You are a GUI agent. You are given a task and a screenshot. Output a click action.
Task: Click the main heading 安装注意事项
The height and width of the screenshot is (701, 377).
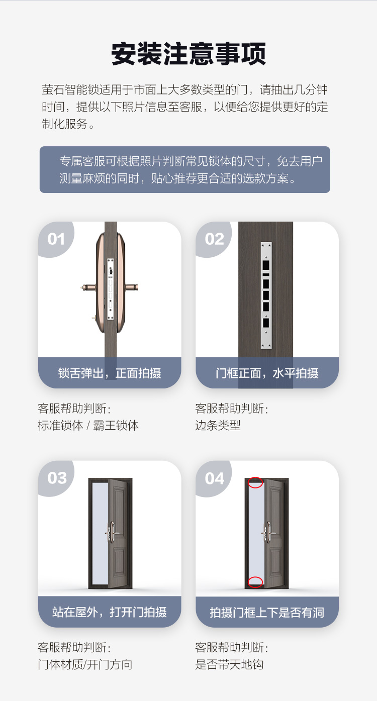coord(189,54)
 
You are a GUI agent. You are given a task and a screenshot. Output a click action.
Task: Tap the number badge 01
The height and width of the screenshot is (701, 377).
coord(56,239)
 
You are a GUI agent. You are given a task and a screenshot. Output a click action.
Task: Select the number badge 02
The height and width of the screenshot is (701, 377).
coord(215,239)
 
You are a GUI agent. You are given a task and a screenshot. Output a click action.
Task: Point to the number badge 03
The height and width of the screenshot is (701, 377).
coord(57,478)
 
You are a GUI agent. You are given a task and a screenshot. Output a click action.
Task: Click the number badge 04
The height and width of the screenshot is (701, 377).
coord(215,478)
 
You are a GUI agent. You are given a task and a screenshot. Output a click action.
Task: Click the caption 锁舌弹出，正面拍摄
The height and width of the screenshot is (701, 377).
coord(110,373)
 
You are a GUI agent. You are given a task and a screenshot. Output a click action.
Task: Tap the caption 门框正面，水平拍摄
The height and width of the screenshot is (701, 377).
coord(267,373)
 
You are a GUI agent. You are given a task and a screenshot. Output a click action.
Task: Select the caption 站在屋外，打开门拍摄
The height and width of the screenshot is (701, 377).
coord(110,612)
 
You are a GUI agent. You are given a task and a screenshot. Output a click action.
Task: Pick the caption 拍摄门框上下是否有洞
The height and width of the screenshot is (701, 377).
coord(267,613)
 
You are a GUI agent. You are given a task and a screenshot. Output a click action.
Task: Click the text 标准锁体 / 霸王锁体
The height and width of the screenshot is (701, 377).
coord(88,425)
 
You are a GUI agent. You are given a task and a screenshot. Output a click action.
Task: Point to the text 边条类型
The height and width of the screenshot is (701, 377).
coord(218,425)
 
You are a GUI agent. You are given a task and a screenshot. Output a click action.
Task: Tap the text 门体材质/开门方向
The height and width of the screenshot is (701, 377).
coord(85,664)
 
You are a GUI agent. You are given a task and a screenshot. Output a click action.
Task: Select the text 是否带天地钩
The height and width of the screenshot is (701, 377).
coord(229,664)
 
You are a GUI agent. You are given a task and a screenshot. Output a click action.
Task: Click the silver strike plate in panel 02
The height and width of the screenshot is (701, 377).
coord(266,295)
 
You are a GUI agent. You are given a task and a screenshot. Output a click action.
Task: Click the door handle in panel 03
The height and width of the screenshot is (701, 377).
coord(111,532)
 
